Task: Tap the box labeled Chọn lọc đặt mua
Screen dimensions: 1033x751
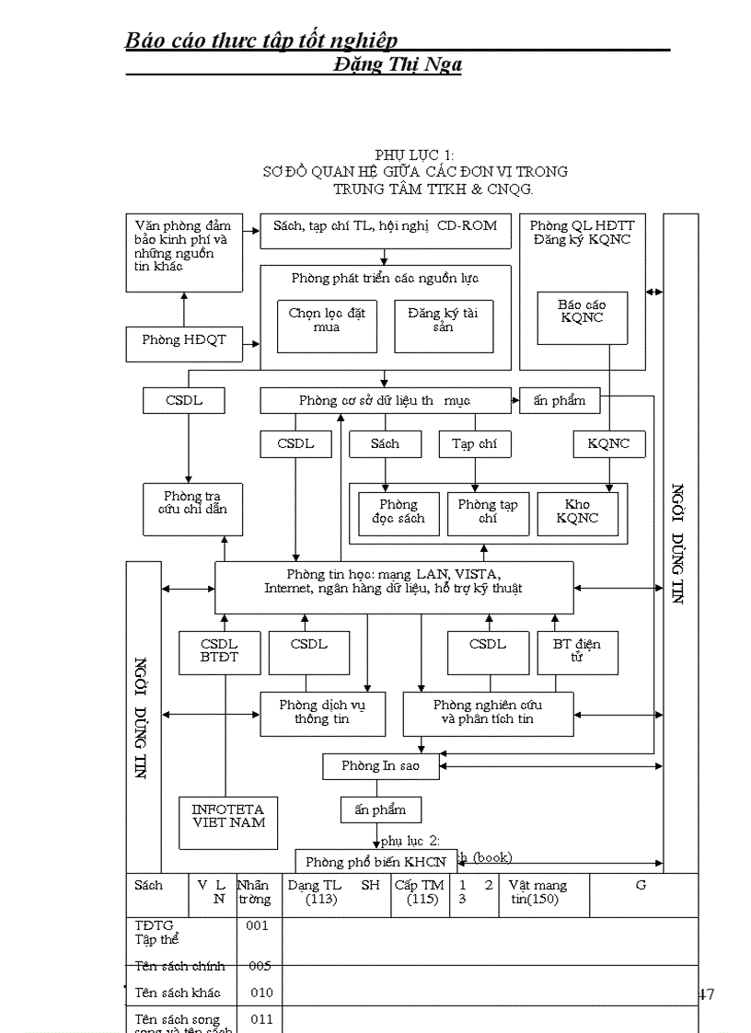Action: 327,325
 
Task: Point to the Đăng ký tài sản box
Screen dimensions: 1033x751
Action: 443,325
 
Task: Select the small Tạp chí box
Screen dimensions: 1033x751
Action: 474,444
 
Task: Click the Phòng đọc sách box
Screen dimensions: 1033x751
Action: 399,512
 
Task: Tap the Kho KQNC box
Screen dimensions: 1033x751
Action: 577,512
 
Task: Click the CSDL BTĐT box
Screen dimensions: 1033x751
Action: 219,652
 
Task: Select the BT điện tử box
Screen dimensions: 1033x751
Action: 577,652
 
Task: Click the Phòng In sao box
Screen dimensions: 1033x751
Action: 380,766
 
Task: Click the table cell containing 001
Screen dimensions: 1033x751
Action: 258,926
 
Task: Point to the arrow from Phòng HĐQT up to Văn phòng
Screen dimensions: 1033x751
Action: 184,309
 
